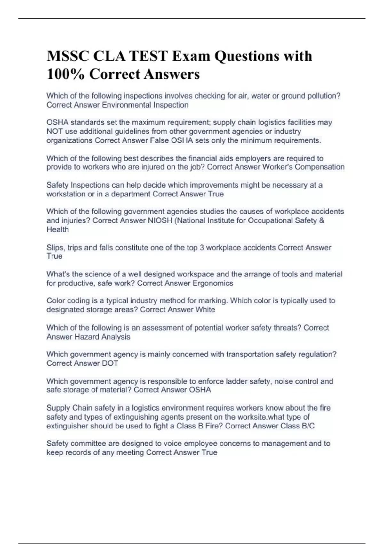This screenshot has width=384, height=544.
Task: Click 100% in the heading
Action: [x=65, y=74]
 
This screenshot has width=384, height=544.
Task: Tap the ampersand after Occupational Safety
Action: [x=322, y=220]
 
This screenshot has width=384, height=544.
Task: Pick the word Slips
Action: [x=55, y=248]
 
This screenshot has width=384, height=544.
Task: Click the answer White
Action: [x=205, y=310]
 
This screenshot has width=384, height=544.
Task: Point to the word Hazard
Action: [x=87, y=337]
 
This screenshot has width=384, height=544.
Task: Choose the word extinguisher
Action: [x=67, y=426]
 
